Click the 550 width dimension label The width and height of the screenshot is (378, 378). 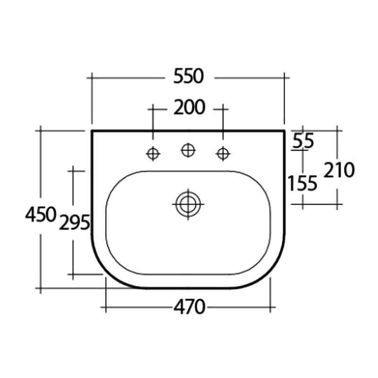pyautogui.click(x=188, y=76)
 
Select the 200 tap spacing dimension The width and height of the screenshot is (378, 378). pyautogui.click(x=189, y=108)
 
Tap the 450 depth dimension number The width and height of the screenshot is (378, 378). pyautogui.click(x=41, y=215)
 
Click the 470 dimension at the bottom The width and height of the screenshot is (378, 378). pyautogui.click(x=189, y=308)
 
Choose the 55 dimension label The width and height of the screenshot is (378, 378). pyautogui.click(x=303, y=140)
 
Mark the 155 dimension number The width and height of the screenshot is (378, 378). pyautogui.click(x=303, y=183)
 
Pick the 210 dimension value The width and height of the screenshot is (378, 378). pyautogui.click(x=338, y=170)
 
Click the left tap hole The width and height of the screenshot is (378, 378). pyautogui.click(x=153, y=153)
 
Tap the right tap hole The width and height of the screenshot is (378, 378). pyautogui.click(x=223, y=153)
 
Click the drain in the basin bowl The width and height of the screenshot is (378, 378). pyautogui.click(x=188, y=204)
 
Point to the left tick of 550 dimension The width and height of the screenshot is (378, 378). pyautogui.click(x=92, y=76)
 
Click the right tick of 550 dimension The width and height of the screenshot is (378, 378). pyautogui.click(x=284, y=76)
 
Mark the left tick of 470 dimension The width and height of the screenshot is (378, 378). pyautogui.click(x=105, y=308)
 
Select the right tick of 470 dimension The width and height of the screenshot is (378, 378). pyautogui.click(x=270, y=308)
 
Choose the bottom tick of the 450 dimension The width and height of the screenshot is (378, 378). pyautogui.click(x=41, y=288)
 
